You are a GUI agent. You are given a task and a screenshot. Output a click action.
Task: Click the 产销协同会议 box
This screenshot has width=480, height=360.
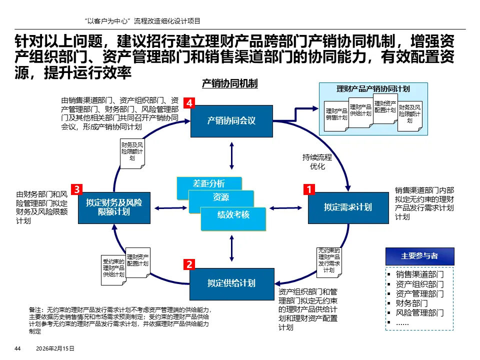tap(231, 120)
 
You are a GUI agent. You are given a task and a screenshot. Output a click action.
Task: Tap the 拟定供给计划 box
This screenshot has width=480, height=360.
tap(231, 283)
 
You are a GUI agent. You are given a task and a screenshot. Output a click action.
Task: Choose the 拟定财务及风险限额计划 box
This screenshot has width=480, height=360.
tap(114, 207)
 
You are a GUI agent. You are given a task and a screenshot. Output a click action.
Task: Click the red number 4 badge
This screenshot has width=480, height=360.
tap(189, 103)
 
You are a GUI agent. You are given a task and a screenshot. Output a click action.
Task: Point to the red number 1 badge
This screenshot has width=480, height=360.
tap(309, 189)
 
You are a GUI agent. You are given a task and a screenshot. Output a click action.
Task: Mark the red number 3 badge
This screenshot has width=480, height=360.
tap(76, 189)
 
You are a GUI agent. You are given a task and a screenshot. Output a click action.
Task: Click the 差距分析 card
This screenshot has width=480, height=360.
tap(209, 183)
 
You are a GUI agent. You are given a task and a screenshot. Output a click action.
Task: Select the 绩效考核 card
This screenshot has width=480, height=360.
tap(233, 215)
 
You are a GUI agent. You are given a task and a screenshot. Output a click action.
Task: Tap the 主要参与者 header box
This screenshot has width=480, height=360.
tap(419, 256)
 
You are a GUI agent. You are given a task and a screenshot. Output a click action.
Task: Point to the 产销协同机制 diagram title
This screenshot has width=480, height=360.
tap(229, 83)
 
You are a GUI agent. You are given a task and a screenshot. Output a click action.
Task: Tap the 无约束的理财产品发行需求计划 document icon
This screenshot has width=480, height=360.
tap(329, 260)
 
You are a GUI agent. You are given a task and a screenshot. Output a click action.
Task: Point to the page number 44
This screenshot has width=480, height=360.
tap(17, 348)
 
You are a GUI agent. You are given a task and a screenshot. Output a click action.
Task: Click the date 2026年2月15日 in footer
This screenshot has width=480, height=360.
tap(55, 348)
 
